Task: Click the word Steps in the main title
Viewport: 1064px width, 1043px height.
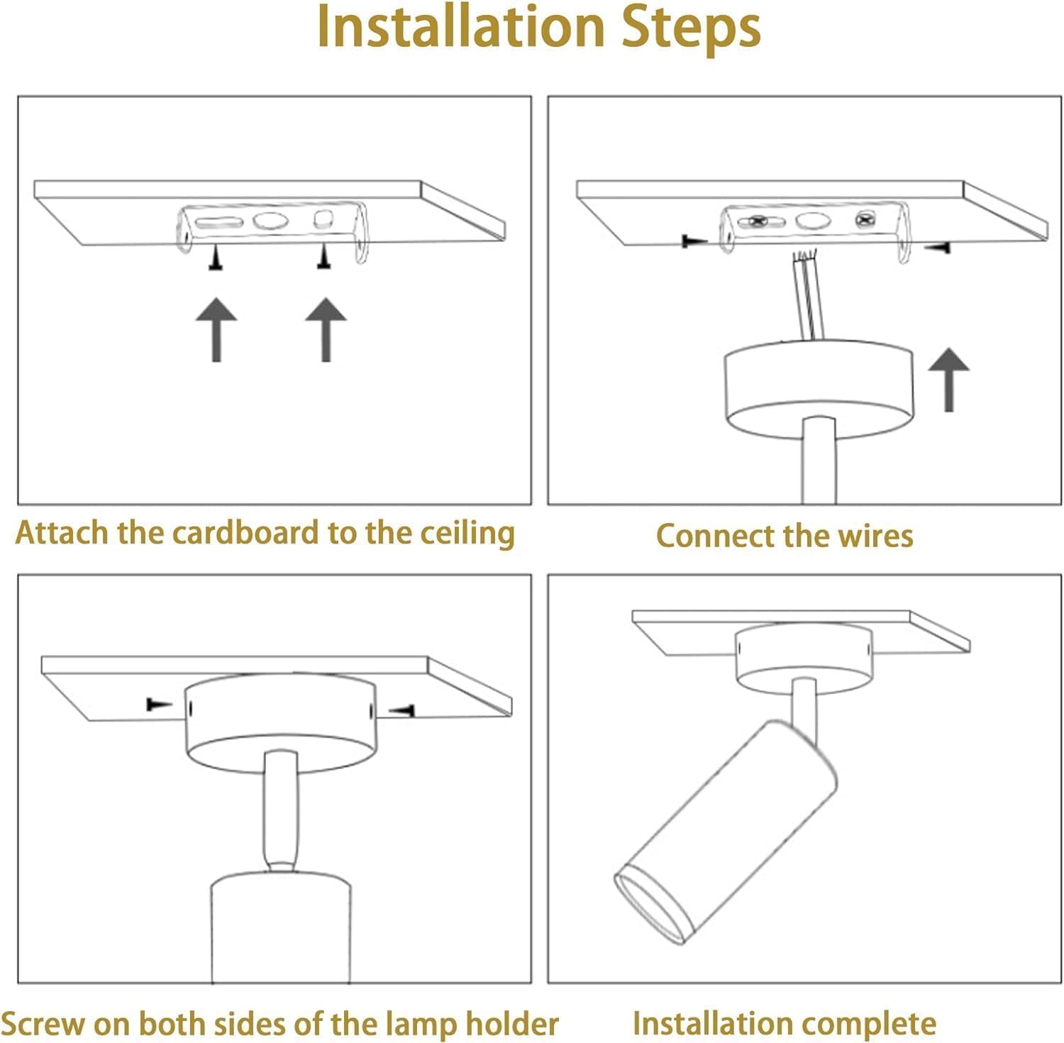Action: [692, 28]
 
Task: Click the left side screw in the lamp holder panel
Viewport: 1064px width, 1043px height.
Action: [159, 704]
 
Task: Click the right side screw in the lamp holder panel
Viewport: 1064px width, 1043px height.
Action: [401, 709]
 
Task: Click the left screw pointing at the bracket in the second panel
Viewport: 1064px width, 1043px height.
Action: [694, 241]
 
